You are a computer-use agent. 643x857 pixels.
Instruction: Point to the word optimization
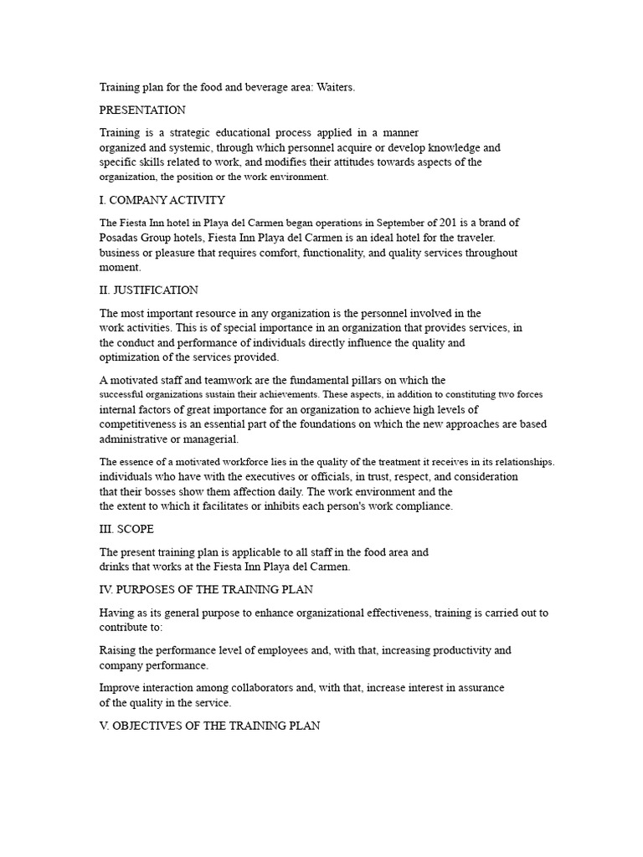[x=132, y=357]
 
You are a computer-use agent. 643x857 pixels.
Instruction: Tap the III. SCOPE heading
[x=126, y=529]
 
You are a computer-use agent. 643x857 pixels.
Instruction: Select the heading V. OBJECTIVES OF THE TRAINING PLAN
[x=209, y=726]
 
